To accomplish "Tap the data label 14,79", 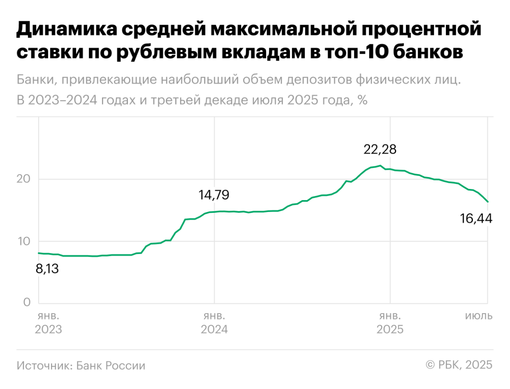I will [213, 195].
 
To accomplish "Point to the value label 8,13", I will [48, 269].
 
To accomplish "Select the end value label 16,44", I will [476, 219].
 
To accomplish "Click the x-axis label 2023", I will [48, 329].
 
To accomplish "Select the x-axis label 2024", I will [214, 329].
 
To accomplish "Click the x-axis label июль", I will [479, 316].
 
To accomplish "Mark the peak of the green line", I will [380, 166].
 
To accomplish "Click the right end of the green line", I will [487, 201].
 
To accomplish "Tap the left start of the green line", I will [39, 253].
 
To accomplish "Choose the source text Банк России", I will [111, 366].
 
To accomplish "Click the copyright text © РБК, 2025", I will [459, 365].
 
